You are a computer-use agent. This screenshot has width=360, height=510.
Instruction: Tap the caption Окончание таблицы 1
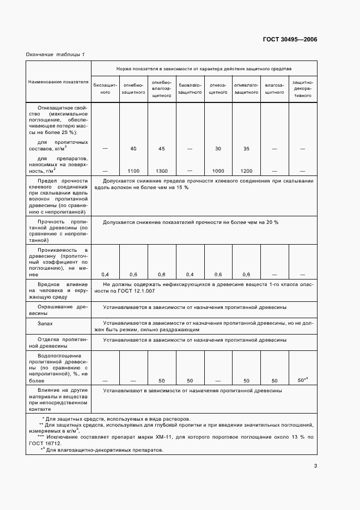(x=55, y=54)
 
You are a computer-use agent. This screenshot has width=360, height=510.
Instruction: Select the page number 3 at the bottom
(x=315, y=465)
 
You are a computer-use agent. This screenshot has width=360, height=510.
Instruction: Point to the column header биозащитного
(x=105, y=89)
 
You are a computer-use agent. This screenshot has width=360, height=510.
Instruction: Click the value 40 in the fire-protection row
(x=133, y=148)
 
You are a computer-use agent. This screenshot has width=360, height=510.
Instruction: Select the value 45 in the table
(x=161, y=148)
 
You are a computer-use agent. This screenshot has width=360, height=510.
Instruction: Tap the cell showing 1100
(x=133, y=171)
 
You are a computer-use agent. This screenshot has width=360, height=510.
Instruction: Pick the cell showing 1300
(x=161, y=171)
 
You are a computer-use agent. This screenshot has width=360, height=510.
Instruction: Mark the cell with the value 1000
(x=218, y=171)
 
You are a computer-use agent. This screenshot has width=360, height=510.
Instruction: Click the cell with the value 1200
(x=246, y=171)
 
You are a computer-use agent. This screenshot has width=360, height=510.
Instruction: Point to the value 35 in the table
(x=246, y=148)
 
